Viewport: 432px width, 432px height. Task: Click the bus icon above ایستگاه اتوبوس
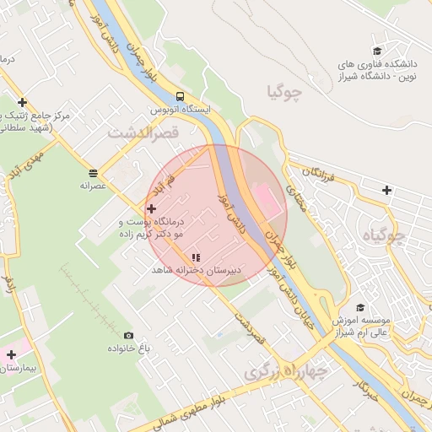click(180, 96)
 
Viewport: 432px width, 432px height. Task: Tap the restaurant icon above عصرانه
click(92, 171)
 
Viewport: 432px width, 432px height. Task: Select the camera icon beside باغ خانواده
click(128, 335)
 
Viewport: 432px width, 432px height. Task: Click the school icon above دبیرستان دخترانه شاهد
click(196, 256)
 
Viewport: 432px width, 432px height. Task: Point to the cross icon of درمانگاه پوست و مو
click(151, 208)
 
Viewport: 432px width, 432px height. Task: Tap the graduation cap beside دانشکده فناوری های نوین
click(376, 51)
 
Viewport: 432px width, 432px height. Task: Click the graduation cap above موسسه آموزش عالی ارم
click(360, 308)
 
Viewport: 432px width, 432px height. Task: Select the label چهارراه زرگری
click(285, 370)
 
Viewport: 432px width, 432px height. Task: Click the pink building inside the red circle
click(263, 201)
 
